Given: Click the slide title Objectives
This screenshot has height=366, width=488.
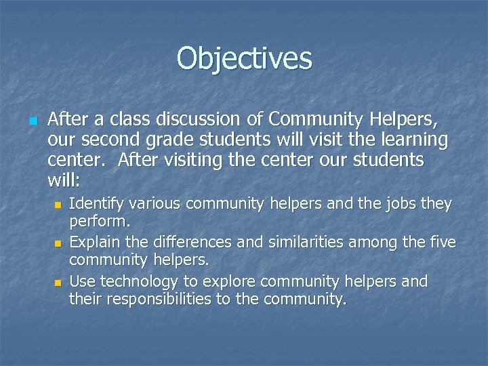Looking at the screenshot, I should tap(244, 58).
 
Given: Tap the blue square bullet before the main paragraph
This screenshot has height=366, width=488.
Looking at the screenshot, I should tap(33, 121).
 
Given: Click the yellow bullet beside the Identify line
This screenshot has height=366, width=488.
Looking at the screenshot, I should tap(58, 204).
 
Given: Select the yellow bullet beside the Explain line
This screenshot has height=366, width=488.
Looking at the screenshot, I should tap(58, 243).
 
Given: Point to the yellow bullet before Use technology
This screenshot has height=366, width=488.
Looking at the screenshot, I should tap(58, 281).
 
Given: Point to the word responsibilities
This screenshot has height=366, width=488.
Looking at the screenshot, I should tap(153, 299).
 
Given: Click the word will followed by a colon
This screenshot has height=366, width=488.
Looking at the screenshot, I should tap(64, 181).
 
